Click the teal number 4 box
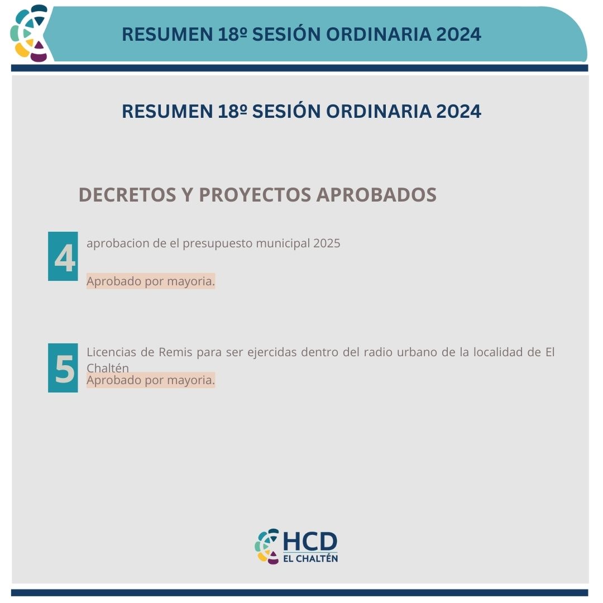point(63,256)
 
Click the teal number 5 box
point(63,368)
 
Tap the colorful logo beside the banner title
point(30,33)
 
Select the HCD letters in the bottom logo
point(310,542)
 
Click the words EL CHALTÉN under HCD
point(310,558)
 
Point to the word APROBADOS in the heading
point(376,195)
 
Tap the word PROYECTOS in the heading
point(255,195)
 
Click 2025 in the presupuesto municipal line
point(327,243)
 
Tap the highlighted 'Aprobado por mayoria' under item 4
point(151,281)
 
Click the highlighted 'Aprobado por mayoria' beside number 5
point(151,380)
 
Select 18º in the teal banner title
point(232,34)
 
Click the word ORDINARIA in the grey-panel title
point(379,112)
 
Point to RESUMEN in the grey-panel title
point(167,112)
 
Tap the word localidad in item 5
point(500,352)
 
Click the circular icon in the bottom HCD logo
point(267,547)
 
